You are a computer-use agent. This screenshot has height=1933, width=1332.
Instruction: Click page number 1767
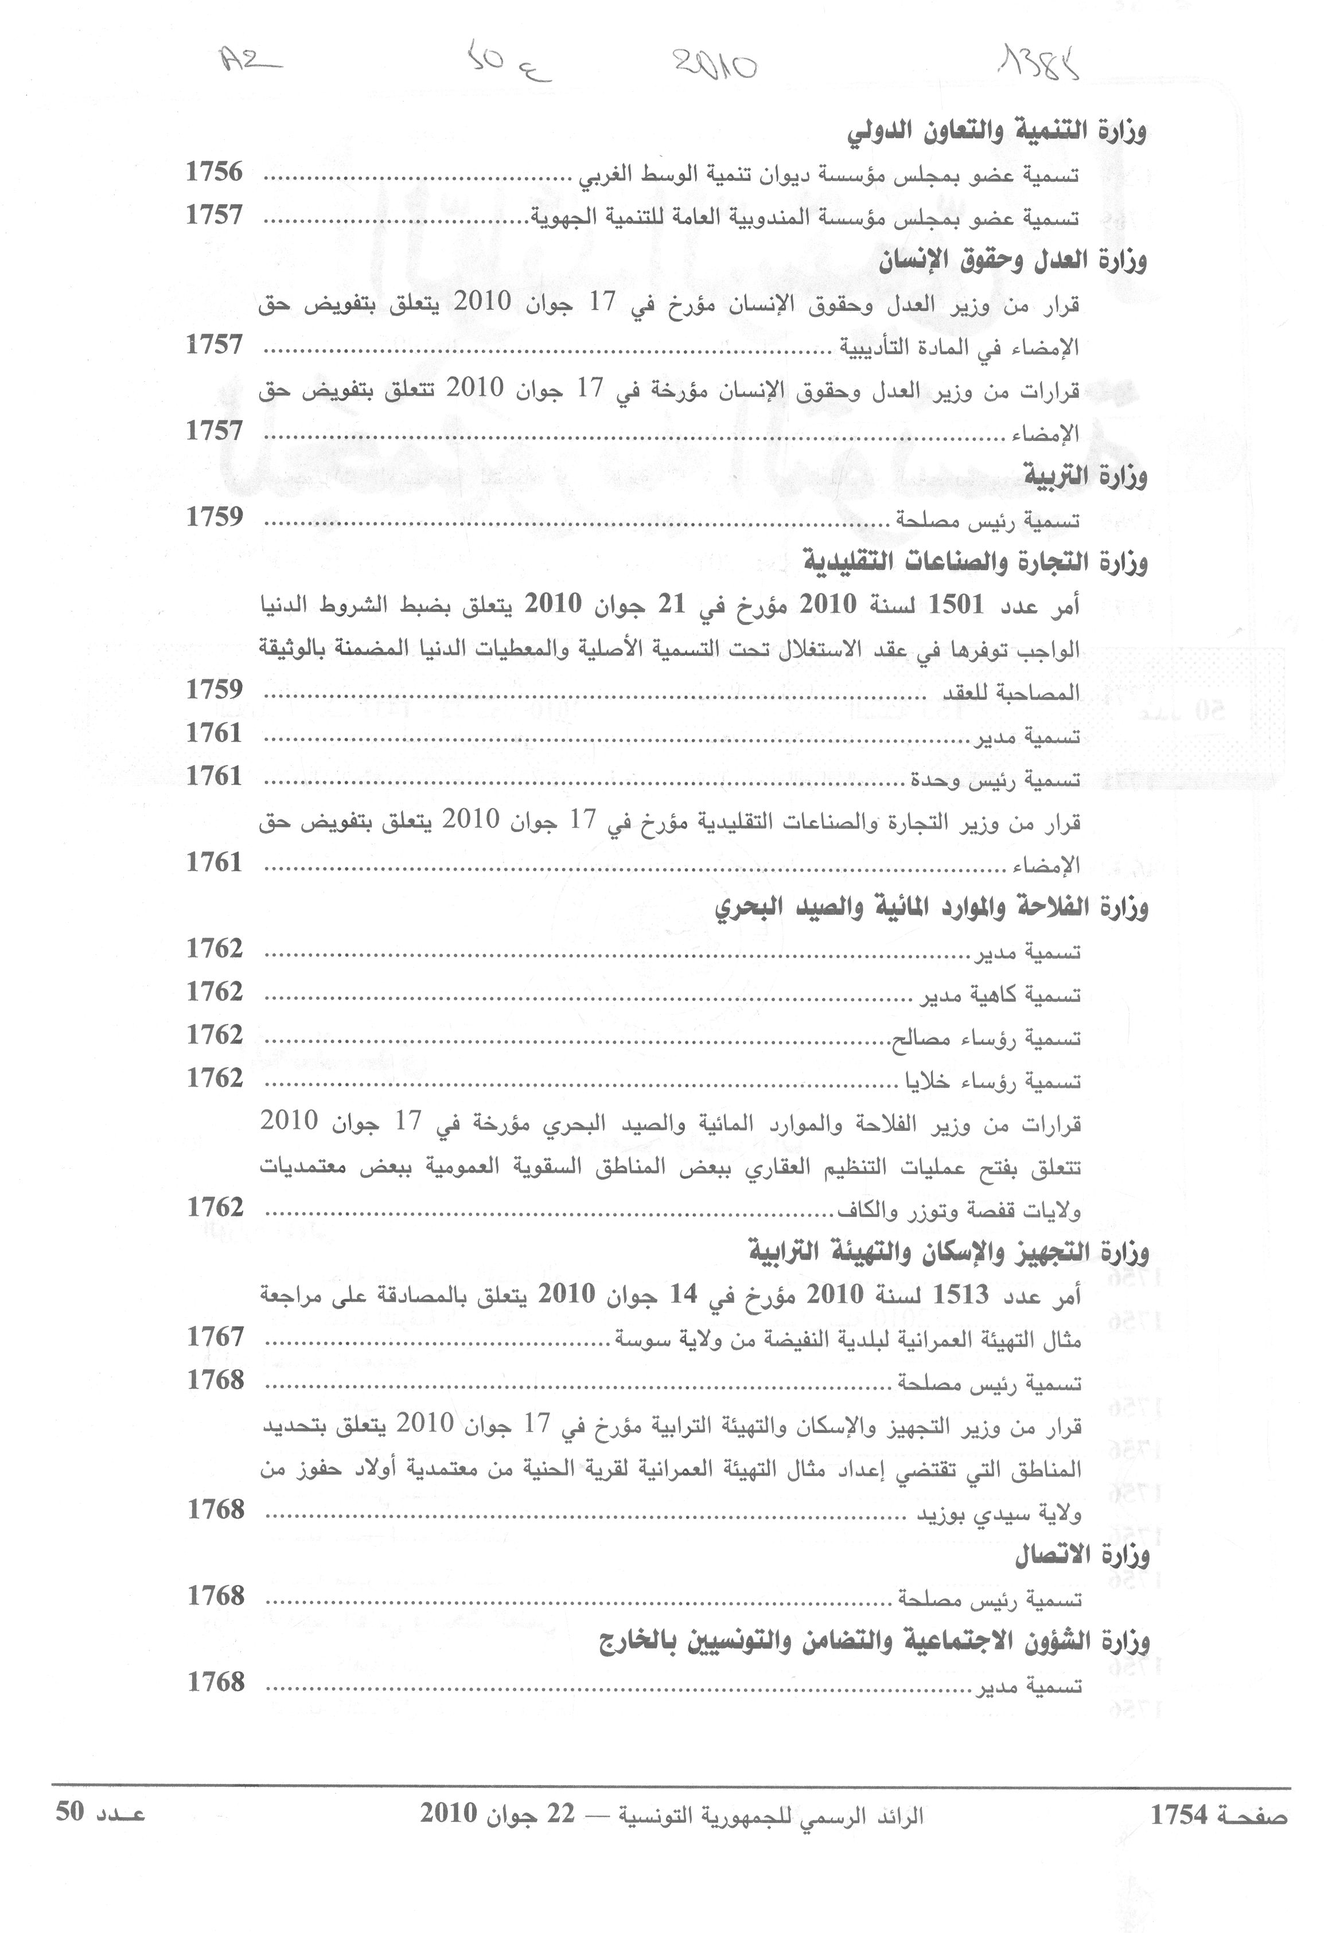215,1337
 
